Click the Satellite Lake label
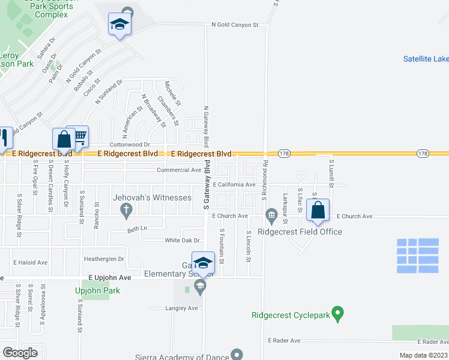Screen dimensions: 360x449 coord(426,59)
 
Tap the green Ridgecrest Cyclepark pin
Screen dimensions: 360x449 coord(338,313)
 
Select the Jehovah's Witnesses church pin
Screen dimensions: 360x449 coord(125,209)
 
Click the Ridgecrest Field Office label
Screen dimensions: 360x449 coord(300,232)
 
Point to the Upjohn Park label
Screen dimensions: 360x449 coord(97,291)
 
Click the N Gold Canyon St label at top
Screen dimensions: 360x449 coord(234,25)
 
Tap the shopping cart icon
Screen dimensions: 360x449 coord(79,137)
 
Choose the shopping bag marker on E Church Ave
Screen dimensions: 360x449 coord(318,211)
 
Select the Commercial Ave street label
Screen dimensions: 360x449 coord(179,170)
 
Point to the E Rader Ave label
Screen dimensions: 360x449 coord(284,340)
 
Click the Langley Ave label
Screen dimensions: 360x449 coord(181,308)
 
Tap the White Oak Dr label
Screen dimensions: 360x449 coord(181,240)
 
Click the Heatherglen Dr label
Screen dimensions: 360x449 coord(104,259)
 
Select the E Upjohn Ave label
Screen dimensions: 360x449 coord(109,278)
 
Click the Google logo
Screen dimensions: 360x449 coord(19,353)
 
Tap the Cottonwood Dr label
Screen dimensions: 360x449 coord(129,145)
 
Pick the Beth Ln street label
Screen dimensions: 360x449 coord(137,229)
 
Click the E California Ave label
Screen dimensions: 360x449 coord(234,185)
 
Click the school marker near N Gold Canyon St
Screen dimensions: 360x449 coord(119,25)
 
